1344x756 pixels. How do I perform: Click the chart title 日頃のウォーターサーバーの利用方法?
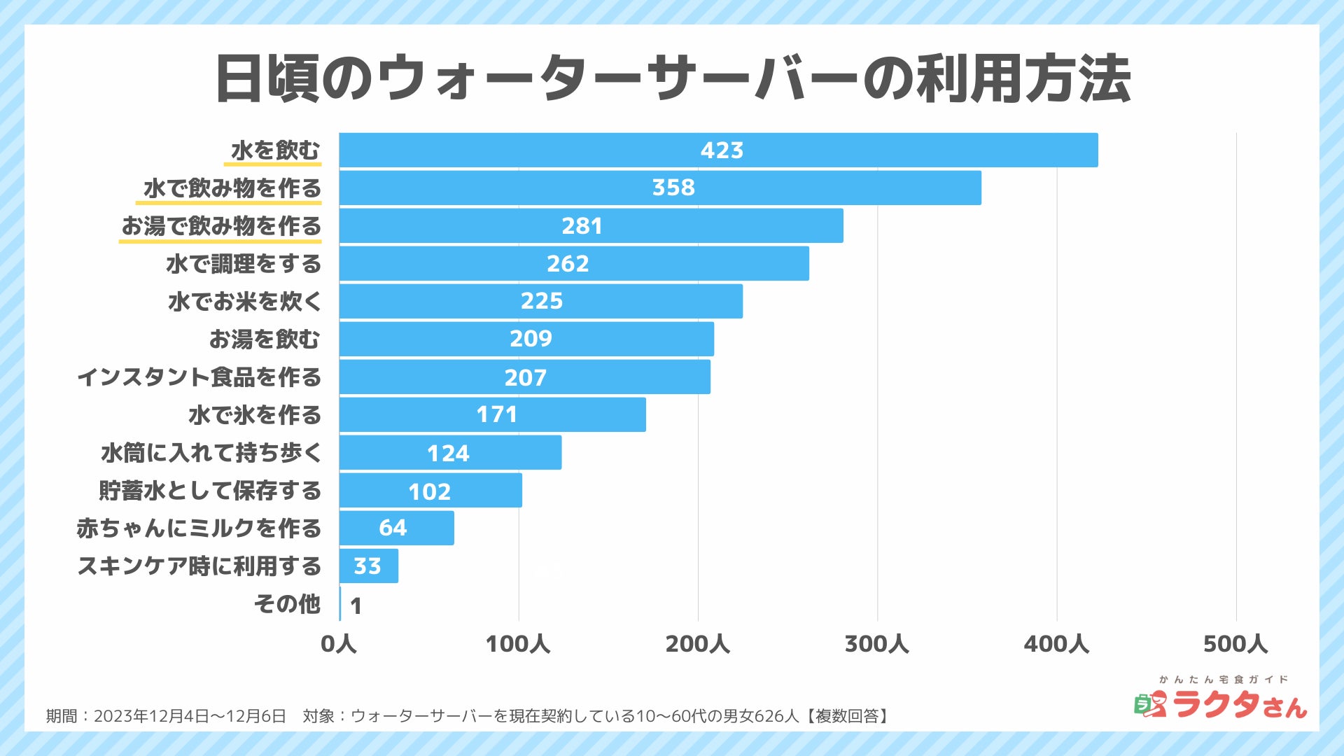point(672,78)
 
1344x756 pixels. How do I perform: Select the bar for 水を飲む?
point(718,150)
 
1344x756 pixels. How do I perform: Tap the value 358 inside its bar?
point(673,188)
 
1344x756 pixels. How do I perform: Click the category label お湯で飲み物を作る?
point(221,226)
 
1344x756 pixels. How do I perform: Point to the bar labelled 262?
point(574,263)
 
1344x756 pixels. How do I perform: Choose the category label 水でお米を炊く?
point(244,302)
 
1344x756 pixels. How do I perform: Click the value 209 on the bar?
point(531,339)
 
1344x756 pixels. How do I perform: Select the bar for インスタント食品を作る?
point(525,377)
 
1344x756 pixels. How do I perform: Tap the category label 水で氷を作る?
point(255,415)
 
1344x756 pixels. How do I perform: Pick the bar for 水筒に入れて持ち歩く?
point(450,452)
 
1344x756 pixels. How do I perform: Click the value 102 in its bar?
point(429,491)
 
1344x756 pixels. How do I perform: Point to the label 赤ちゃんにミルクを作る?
point(199,528)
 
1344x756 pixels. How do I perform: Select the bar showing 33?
point(369,566)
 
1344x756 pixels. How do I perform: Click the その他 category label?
point(287,603)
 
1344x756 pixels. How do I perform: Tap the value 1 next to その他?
point(356,605)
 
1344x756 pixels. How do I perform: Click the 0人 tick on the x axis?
point(339,644)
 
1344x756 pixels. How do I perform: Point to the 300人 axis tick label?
point(876,644)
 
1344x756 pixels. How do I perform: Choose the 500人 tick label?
point(1235,644)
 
